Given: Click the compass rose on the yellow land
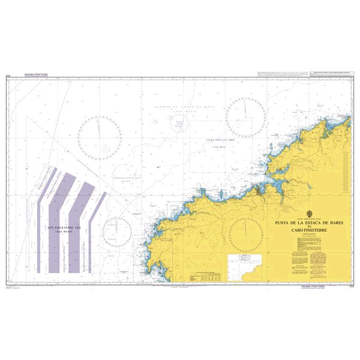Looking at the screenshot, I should coord(245,234).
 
